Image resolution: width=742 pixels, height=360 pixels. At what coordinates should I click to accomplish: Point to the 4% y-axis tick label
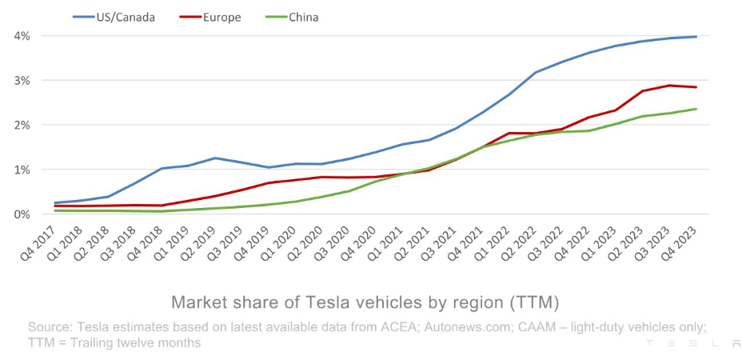[22, 36]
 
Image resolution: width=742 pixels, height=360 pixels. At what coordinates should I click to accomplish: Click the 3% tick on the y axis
[22, 81]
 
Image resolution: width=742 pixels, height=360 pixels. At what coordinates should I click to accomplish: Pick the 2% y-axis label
[22, 125]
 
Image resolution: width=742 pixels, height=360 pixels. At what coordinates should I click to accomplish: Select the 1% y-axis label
[22, 170]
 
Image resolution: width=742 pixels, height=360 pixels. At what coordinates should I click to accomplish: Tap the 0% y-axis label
[22, 214]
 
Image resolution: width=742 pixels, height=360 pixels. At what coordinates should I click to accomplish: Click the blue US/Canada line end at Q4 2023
[696, 37]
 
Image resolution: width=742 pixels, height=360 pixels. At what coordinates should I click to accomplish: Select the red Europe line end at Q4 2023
[696, 87]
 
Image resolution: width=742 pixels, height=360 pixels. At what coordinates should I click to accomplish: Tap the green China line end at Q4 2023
[696, 109]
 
